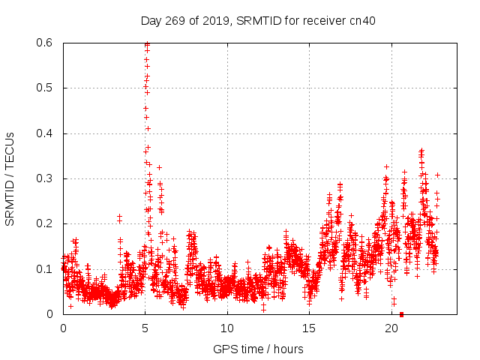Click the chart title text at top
[258, 21]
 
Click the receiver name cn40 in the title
[364, 21]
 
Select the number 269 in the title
[176, 21]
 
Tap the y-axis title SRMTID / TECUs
[10, 178]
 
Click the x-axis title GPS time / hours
[258, 349]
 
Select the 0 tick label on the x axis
[63, 328]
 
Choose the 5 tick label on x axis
[145, 328]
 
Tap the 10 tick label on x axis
[227, 328]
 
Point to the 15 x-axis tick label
[309, 328]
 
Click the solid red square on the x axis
[402, 314]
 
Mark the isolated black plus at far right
[437, 175]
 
